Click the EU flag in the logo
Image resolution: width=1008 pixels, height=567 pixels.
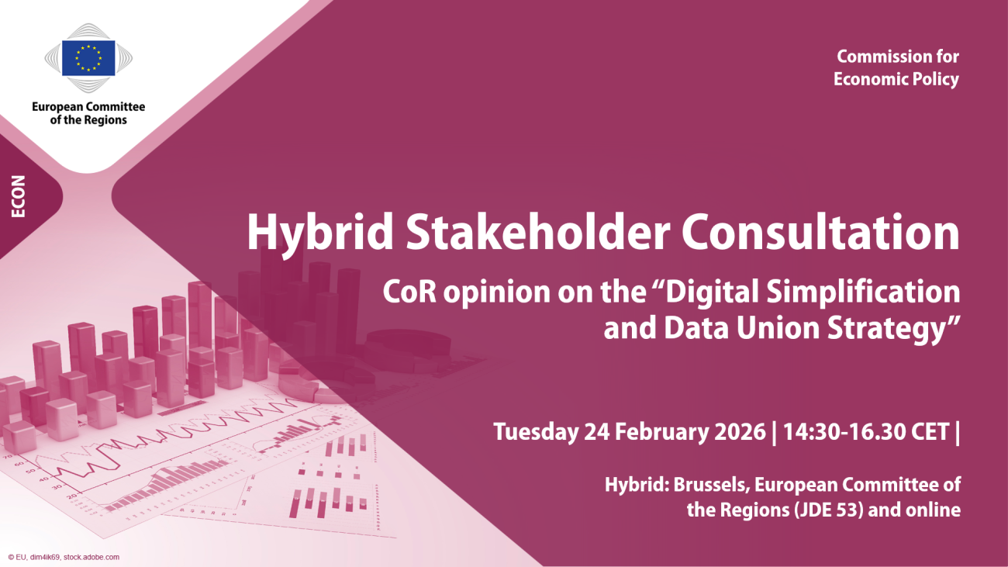88,58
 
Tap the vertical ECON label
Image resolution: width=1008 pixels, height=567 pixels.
19,197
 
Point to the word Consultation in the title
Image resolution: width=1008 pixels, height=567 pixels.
820,230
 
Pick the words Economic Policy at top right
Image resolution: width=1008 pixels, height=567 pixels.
896,79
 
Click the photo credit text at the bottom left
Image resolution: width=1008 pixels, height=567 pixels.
64,557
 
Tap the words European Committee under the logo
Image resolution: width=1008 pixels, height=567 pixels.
88,107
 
